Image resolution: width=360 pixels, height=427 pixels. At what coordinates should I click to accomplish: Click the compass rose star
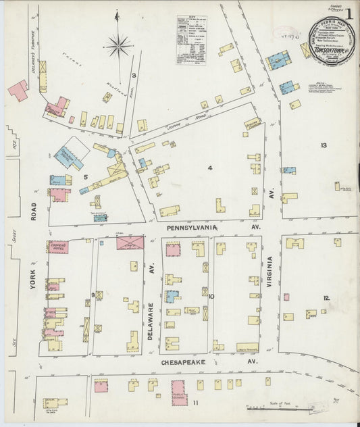(x=119, y=46)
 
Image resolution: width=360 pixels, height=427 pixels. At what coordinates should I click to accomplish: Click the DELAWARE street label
(x=151, y=318)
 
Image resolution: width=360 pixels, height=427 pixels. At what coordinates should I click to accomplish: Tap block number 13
(x=324, y=146)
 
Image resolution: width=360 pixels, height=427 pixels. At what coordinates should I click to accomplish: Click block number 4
(x=210, y=168)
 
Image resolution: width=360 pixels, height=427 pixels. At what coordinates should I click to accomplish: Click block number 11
(x=196, y=403)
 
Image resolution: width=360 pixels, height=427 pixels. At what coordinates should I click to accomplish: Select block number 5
(x=85, y=177)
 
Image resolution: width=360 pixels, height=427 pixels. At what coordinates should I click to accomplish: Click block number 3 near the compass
(x=134, y=75)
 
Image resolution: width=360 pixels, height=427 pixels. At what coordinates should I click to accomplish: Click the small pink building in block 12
(x=286, y=297)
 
